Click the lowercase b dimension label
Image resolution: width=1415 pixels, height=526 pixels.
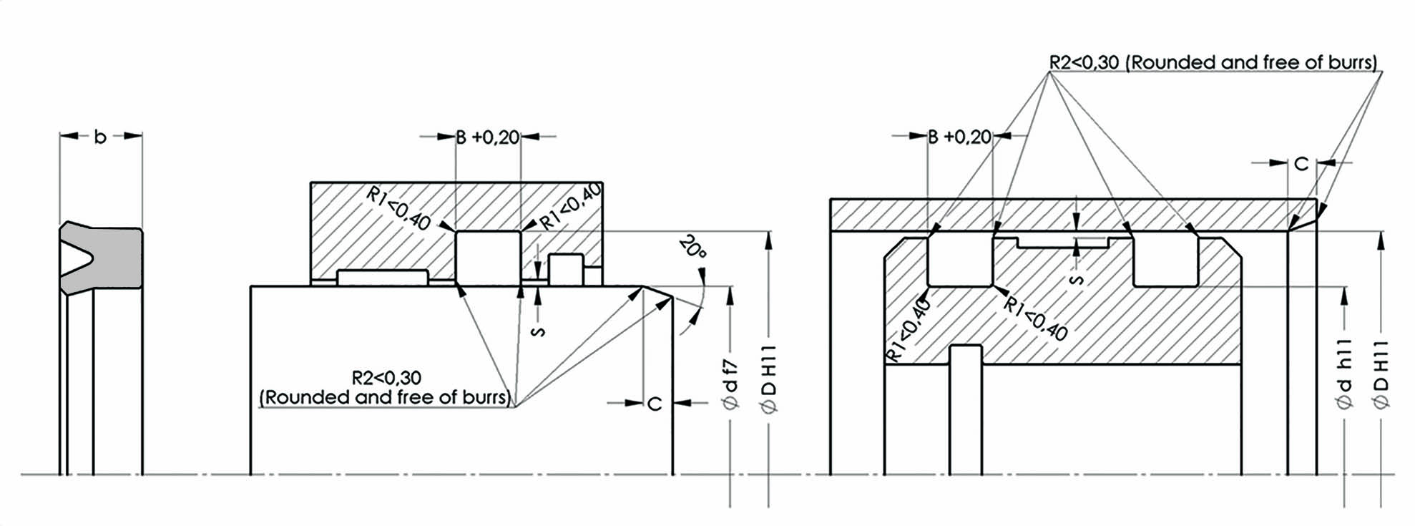pyautogui.click(x=100, y=137)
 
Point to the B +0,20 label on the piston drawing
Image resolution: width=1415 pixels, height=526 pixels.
pyautogui.click(x=961, y=137)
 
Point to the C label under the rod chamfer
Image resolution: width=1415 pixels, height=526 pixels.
pyautogui.click(x=655, y=404)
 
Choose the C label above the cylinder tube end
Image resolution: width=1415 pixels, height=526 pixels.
pyautogui.click(x=1301, y=164)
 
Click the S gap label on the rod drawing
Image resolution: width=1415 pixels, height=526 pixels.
pyautogui.click(x=540, y=331)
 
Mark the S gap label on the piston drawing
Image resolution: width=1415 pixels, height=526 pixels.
pyautogui.click(x=1077, y=278)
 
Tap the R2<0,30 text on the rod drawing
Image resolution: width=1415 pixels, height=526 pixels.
pyautogui.click(x=386, y=377)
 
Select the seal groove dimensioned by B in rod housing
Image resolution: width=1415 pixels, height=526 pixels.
pyautogui.click(x=489, y=258)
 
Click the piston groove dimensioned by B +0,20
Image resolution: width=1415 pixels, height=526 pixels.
pyautogui.click(x=960, y=259)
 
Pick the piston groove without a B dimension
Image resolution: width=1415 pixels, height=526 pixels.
pyautogui.click(x=1165, y=260)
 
